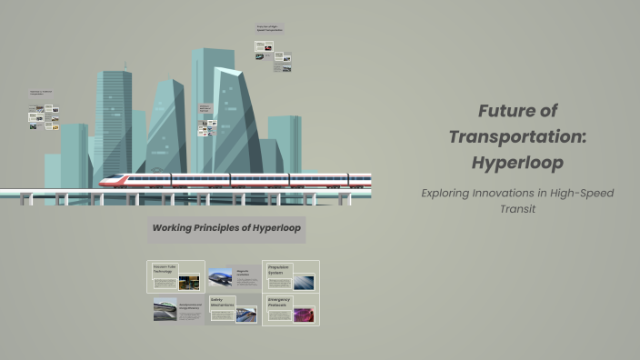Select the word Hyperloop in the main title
[518, 164]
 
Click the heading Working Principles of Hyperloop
[226, 228]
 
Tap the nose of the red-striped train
[105, 181]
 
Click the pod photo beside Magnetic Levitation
[220, 277]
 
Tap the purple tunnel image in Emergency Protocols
[304, 315]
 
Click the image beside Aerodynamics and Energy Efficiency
[165, 309]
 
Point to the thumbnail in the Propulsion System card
[304, 282]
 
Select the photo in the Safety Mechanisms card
[245, 315]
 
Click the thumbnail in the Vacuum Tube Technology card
[189, 282]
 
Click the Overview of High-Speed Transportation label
[269, 28]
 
